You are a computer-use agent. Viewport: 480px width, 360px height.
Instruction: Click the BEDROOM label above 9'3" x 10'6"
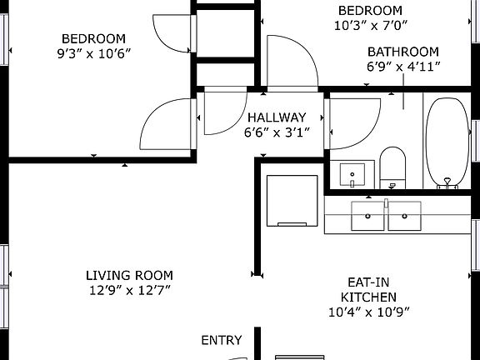coord(94,38)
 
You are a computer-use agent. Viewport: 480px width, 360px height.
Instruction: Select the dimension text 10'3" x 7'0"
coord(370,25)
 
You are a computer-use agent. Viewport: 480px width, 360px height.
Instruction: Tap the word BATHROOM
coord(403,52)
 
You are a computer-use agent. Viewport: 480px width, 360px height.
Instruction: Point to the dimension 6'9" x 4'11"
coord(403,66)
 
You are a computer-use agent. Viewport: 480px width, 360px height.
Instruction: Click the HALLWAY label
coord(277,117)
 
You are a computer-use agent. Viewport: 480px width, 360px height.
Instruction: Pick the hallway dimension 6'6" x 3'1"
coord(277,132)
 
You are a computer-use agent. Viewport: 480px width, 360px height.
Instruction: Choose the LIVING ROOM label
coord(129,275)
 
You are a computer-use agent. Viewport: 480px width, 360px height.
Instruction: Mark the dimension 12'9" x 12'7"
coord(129,290)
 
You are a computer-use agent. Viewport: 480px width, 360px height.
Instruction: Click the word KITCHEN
coord(367,297)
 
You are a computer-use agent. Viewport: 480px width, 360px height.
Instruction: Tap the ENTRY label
coord(222,340)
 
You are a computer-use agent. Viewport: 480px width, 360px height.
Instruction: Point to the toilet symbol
coord(392,167)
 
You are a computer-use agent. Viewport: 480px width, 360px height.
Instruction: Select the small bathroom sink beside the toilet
coord(353,175)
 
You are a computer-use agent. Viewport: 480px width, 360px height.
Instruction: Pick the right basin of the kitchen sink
coord(404,216)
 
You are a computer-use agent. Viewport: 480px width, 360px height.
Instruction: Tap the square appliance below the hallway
coord(292,200)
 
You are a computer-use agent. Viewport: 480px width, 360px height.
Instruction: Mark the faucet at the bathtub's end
coord(448,182)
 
